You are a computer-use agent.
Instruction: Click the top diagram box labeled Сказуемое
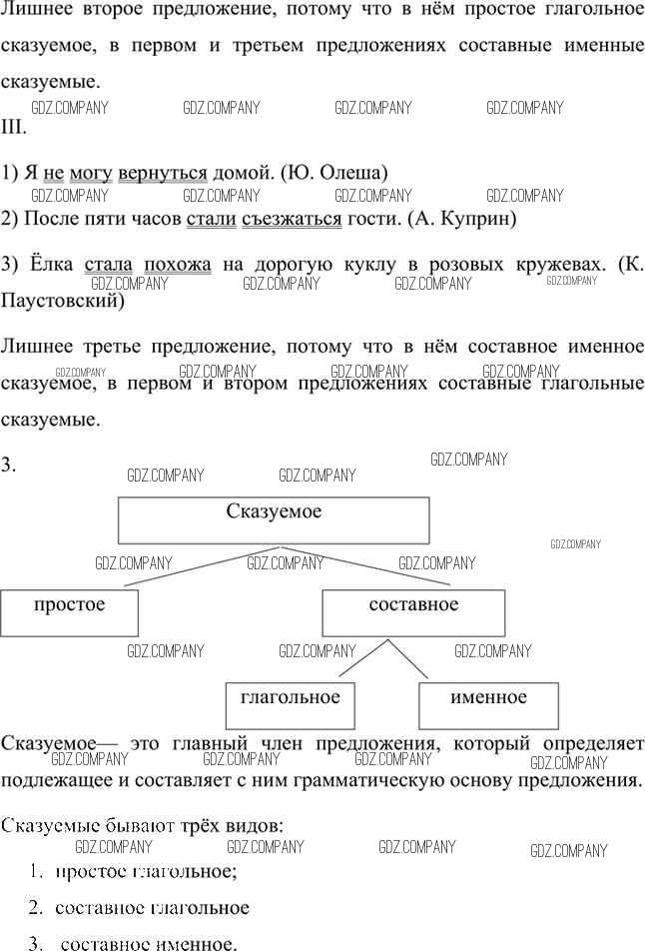pyautogui.click(x=274, y=520)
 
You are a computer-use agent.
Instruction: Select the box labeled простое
pyautogui.click(x=69, y=613)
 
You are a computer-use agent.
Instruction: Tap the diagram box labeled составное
pyautogui.click(x=413, y=613)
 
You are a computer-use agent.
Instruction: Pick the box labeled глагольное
pyautogui.click(x=290, y=705)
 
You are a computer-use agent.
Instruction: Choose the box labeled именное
pyautogui.click(x=488, y=705)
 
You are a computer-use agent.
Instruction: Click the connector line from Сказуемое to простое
pyautogui.click(x=202, y=565)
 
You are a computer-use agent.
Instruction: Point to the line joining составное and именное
pyautogui.click(x=407, y=658)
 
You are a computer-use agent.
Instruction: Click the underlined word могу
pyautogui.click(x=91, y=174)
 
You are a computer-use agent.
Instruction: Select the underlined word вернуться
pyautogui.click(x=163, y=174)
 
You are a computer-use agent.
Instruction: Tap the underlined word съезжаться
pyautogui.click(x=292, y=219)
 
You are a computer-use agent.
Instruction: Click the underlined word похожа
pyautogui.click(x=178, y=265)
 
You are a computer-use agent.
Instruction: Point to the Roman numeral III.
pyautogui.click(x=13, y=128)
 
